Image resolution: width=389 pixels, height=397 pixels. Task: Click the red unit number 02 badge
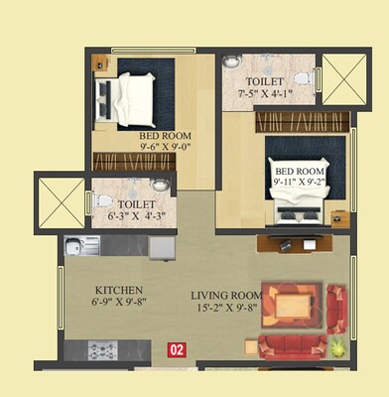coord(178,348)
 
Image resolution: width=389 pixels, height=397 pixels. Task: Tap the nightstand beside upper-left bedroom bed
coord(101,64)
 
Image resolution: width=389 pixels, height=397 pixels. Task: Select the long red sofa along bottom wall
coord(291,344)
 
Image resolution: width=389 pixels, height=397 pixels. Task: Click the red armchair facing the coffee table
coord(336,306)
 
